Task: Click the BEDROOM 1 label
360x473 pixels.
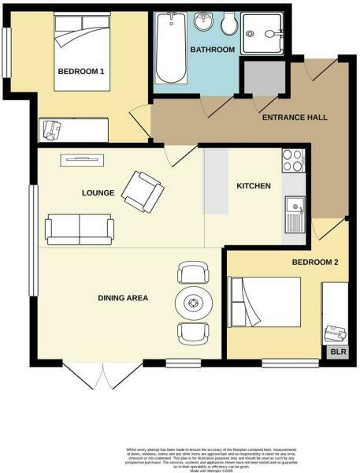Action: (80, 72)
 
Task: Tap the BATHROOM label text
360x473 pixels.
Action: (213, 50)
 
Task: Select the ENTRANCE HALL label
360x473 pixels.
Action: (294, 117)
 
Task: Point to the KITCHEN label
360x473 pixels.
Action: (254, 186)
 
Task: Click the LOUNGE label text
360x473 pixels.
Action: (98, 192)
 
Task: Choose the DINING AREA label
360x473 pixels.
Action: (123, 298)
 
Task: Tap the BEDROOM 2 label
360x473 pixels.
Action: (315, 261)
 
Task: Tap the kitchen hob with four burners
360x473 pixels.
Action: (292, 161)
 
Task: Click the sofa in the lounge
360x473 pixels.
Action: (80, 228)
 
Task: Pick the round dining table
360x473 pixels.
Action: (194, 302)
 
